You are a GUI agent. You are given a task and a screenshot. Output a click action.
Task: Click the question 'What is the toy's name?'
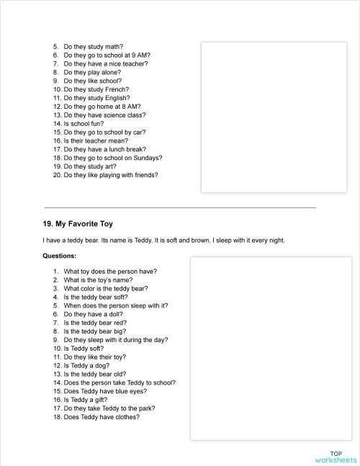[101, 280]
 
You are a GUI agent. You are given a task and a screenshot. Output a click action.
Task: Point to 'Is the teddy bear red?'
[95, 323]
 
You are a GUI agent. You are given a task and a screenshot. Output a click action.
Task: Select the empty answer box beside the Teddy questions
[271, 348]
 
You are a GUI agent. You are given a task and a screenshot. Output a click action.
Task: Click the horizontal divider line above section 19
[180, 207]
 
